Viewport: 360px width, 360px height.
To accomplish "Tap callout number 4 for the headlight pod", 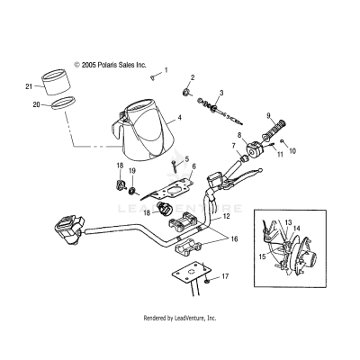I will click(x=180, y=117).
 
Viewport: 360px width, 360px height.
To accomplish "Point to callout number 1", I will click(x=166, y=69).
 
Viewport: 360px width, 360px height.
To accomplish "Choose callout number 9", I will click(x=267, y=115).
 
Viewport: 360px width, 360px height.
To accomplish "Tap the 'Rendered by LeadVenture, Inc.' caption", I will click(x=180, y=318).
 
